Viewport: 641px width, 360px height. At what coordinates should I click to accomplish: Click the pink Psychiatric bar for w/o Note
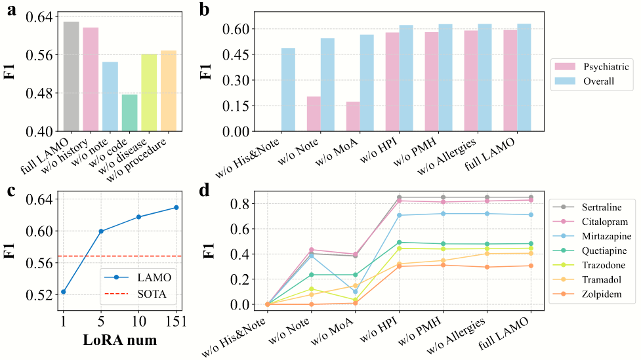(314, 114)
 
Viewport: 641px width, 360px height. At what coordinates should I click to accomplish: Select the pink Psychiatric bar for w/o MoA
(353, 117)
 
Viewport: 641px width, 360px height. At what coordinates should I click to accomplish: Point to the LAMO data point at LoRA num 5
(101, 231)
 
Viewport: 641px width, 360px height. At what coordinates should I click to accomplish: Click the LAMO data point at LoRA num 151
(176, 207)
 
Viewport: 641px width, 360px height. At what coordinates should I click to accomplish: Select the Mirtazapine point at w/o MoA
(355, 292)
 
